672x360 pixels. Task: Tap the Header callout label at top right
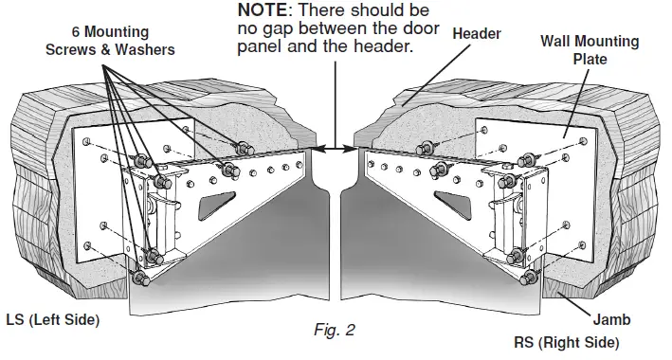476,33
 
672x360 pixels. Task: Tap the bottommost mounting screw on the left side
142,279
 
